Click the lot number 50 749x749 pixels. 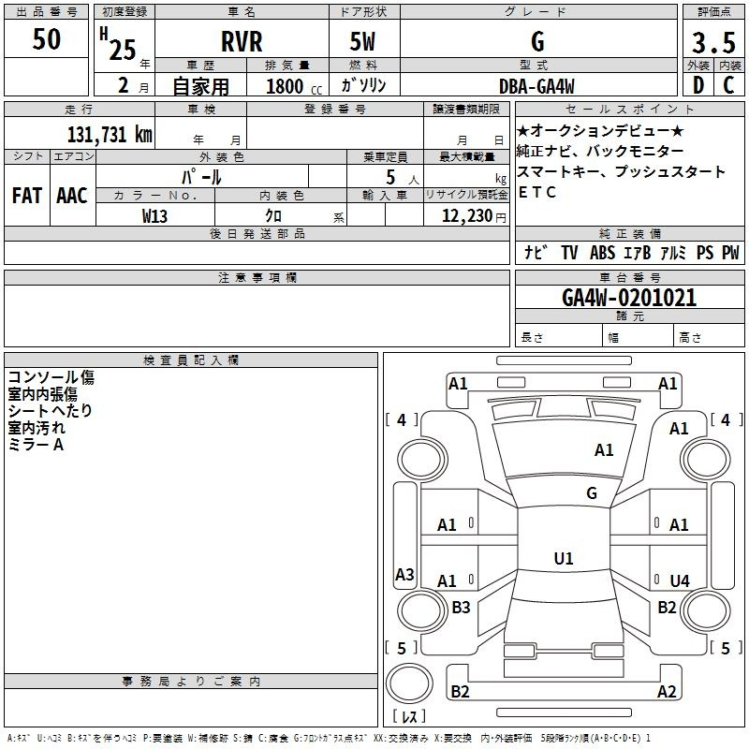[x=47, y=40]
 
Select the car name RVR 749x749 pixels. [x=242, y=42]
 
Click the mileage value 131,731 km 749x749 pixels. [x=110, y=134]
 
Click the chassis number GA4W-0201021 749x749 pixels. [x=629, y=298]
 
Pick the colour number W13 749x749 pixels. [x=155, y=216]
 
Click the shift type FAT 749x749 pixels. [x=26, y=196]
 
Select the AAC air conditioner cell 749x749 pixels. [x=71, y=196]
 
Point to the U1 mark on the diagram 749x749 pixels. [x=563, y=559]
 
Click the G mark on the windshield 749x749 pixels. [x=591, y=492]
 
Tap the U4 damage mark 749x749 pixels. [x=679, y=581]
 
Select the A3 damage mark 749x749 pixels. [x=404, y=574]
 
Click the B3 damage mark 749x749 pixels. [x=461, y=608]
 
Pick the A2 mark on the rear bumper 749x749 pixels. [x=667, y=692]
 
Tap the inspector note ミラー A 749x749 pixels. [x=36, y=445]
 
